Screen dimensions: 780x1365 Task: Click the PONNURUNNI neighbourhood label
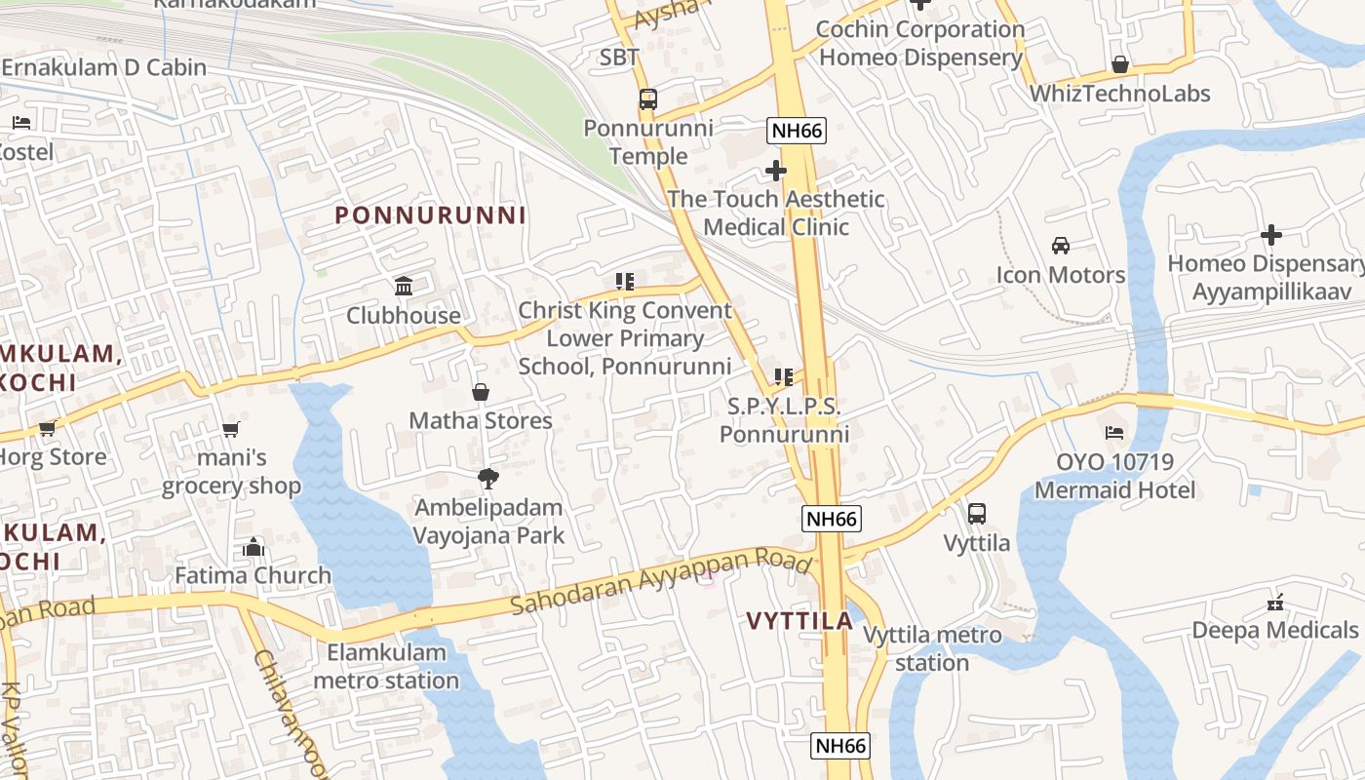point(430,215)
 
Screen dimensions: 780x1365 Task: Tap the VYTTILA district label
point(799,620)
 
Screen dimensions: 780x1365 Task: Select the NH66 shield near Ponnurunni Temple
point(797,131)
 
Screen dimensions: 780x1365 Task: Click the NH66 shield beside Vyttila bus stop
point(832,519)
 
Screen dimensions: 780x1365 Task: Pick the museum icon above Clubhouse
point(404,286)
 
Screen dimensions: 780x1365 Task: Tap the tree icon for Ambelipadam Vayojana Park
point(487,478)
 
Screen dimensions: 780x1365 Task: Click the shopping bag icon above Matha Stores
point(480,392)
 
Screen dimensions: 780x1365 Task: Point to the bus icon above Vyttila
point(977,513)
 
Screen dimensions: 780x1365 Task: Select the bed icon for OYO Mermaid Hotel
point(1114,432)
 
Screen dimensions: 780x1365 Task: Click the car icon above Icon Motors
point(1061,245)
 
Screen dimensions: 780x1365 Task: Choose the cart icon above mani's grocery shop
point(231,429)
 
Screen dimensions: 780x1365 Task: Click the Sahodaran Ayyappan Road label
point(661,582)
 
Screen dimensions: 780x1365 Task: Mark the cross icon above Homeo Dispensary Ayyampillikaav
point(1270,235)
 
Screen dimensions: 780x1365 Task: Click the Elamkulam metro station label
point(386,666)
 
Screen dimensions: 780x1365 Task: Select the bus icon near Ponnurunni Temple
point(647,98)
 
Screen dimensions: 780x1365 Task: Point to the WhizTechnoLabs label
point(1120,94)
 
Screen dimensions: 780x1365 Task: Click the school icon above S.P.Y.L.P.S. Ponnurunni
point(783,376)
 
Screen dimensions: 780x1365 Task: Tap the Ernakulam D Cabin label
point(104,67)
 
